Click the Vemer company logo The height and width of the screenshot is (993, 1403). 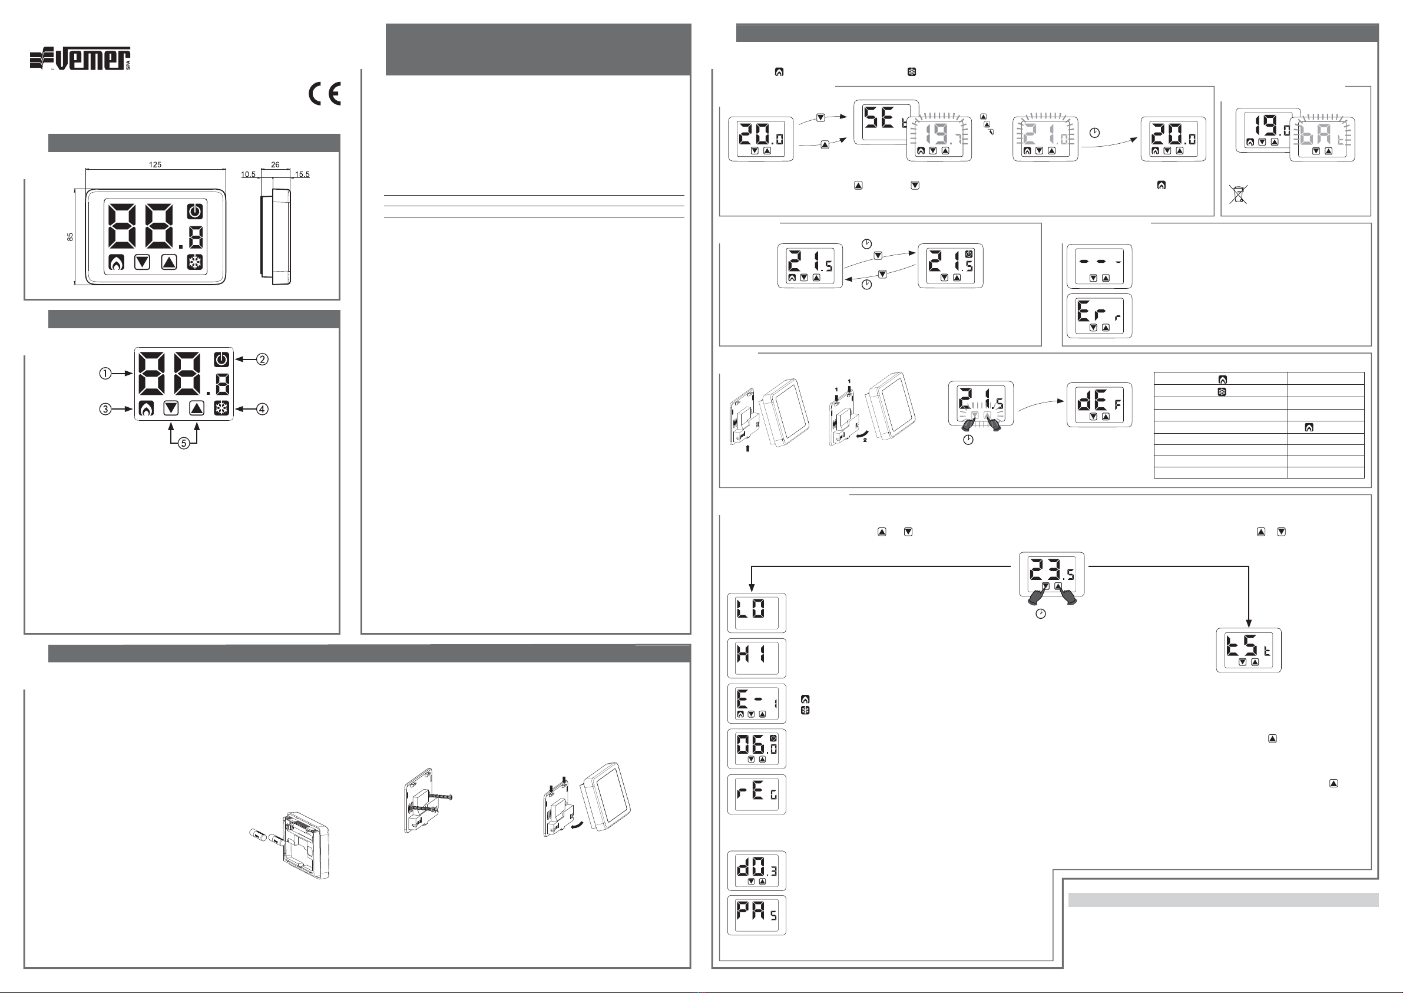(x=80, y=59)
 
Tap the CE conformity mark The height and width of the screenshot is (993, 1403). (x=325, y=94)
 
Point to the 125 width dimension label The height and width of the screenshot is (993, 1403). (x=155, y=164)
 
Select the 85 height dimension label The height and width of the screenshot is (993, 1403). (x=70, y=237)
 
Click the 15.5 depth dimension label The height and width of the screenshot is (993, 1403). (x=303, y=174)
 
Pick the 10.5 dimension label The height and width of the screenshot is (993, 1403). (x=248, y=174)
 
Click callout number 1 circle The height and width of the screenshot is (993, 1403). (x=105, y=373)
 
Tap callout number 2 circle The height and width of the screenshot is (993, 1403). (x=262, y=359)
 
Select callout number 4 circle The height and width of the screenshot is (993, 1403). (x=262, y=409)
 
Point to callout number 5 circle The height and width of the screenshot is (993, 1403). (x=183, y=444)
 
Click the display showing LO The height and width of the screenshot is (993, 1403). (x=756, y=613)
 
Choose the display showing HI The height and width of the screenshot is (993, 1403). (x=756, y=658)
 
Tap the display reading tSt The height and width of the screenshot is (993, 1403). (x=1249, y=650)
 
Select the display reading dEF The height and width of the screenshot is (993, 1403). (x=1099, y=405)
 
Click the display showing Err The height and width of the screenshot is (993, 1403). (x=1099, y=316)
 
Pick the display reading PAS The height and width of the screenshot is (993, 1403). (x=756, y=915)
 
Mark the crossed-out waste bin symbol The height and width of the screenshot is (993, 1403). (x=1238, y=194)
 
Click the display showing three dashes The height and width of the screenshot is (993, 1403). (x=1099, y=266)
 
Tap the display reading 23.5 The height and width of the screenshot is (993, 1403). (x=1051, y=574)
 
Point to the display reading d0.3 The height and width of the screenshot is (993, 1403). (x=756, y=870)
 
